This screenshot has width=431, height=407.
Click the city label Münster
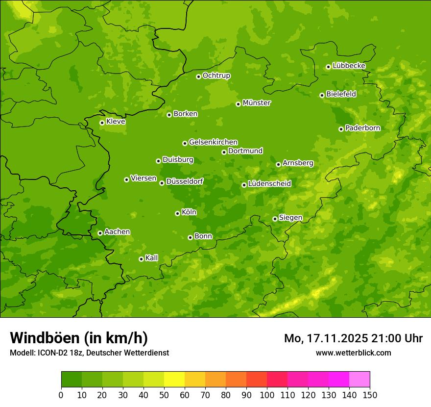click(257, 103)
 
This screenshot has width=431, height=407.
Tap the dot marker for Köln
click(177, 213)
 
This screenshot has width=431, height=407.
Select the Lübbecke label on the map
click(349, 66)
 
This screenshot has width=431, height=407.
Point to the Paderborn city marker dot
click(341, 129)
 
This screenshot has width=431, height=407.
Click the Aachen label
click(117, 232)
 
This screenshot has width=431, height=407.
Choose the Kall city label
click(152, 258)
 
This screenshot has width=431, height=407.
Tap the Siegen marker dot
click(275, 219)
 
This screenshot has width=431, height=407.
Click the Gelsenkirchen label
click(213, 142)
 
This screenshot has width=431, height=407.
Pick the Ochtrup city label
click(216, 76)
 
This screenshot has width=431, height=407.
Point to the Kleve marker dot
click(102, 123)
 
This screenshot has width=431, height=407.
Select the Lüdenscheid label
click(269, 184)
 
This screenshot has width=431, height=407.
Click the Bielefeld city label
click(341, 94)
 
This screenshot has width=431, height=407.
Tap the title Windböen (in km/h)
click(79, 338)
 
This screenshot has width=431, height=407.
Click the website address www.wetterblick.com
click(353, 353)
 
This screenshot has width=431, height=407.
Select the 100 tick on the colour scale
click(267, 395)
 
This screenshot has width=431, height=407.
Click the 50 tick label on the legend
click(164, 395)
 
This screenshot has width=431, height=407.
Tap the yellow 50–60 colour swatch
click(174, 380)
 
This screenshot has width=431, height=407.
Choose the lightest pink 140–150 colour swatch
click(359, 380)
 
